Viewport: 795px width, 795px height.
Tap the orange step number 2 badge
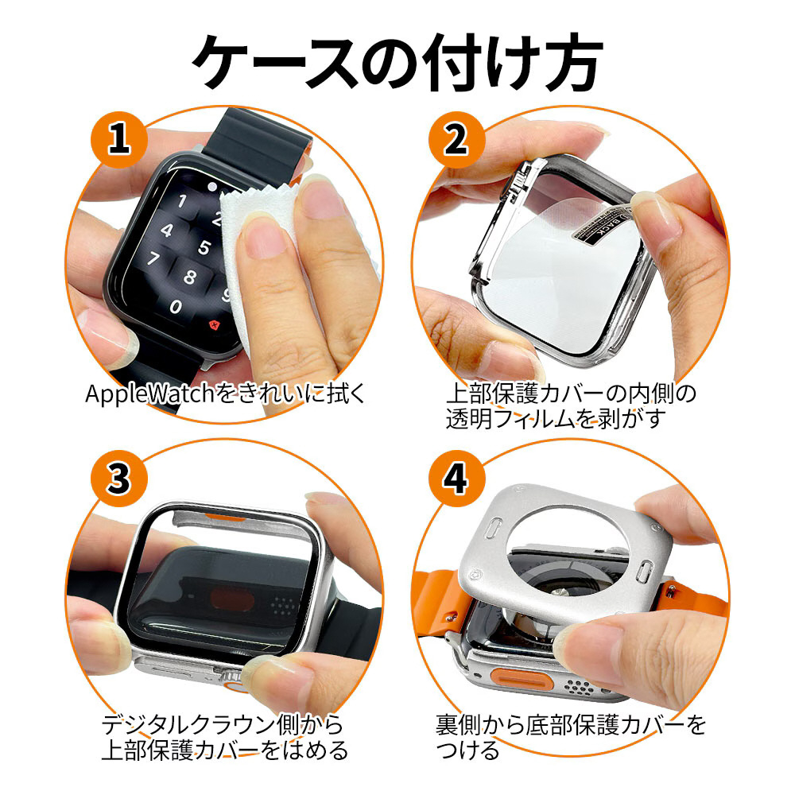pos(456,139)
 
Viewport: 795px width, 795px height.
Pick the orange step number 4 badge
pos(456,478)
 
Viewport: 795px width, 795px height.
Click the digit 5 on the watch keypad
pos(204,247)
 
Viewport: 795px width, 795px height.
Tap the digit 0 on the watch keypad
pos(176,307)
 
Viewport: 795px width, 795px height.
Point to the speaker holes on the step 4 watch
pos(579,687)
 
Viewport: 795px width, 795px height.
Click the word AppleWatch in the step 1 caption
pos(150,394)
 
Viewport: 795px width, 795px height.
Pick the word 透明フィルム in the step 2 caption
pos(511,421)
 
